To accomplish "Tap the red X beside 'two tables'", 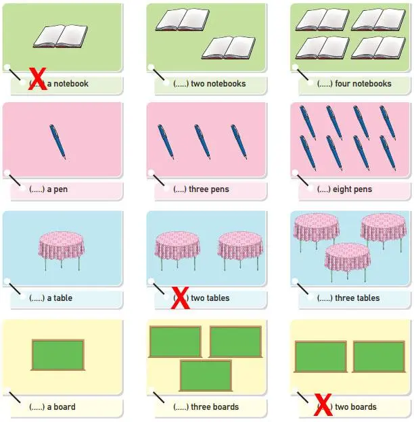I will point(180,298).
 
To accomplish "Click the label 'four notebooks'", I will point(363,84).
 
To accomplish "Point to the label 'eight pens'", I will point(352,189).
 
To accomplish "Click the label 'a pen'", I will point(57,189).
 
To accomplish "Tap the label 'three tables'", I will point(357,298).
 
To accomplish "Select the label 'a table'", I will point(60,298).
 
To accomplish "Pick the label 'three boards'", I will point(215,407).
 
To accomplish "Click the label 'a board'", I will point(61,407).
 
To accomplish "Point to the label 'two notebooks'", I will point(218,84).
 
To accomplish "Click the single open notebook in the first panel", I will point(60,37).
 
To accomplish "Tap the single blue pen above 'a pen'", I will point(57,141).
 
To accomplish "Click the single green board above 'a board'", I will point(58,354).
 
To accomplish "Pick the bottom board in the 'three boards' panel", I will point(206,375).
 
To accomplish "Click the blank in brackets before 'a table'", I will point(37,298).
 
